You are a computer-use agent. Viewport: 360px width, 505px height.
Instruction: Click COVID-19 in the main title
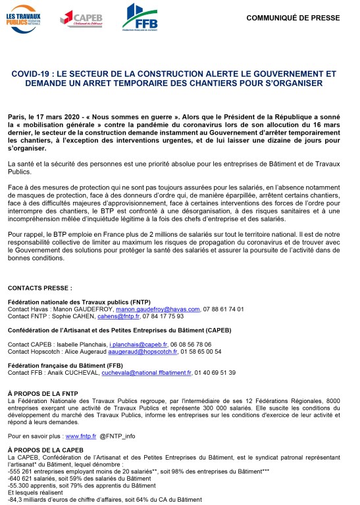(x=33, y=75)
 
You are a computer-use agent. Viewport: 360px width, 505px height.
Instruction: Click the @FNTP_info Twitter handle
(x=117, y=435)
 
